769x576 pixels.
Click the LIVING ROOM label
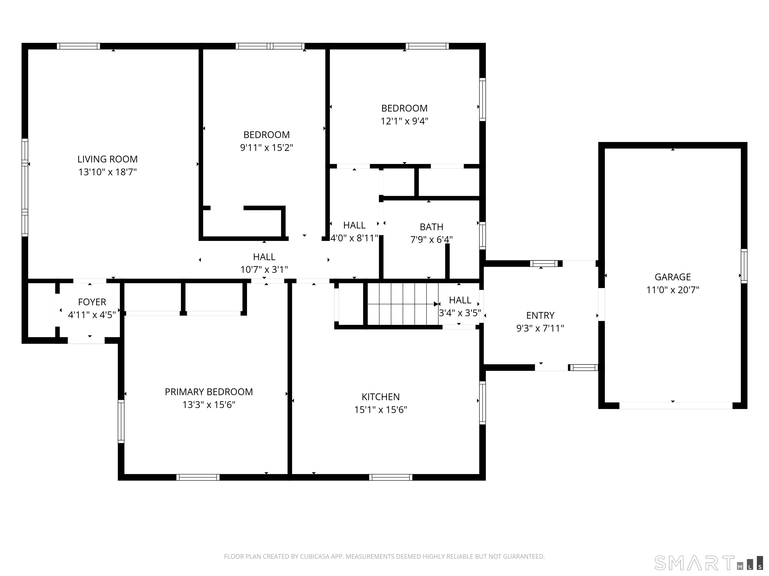pyautogui.click(x=107, y=159)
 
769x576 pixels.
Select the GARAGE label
pyautogui.click(x=672, y=277)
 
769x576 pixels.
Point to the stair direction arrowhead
pyautogui.click(x=436, y=304)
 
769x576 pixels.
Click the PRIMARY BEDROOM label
pyautogui.click(x=209, y=392)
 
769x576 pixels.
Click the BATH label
pyautogui.click(x=431, y=227)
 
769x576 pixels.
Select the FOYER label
pyautogui.click(x=92, y=302)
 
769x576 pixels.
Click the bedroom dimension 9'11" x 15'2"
pyautogui.click(x=266, y=147)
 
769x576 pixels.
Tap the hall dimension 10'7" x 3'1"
pyautogui.click(x=264, y=269)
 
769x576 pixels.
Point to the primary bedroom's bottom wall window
pyautogui.click(x=198, y=477)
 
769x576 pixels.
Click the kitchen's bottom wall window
pyautogui.click(x=391, y=477)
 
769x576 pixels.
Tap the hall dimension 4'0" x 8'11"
pyautogui.click(x=354, y=238)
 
